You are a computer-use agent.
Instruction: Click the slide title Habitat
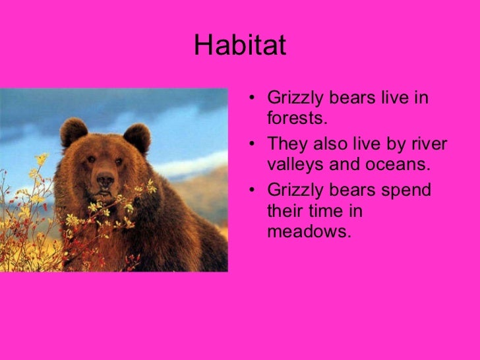click(240, 45)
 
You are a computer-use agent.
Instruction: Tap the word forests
click(297, 117)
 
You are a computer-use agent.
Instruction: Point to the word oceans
click(398, 165)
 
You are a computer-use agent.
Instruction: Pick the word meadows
click(309, 231)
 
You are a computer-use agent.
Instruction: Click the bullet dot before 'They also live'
click(252, 144)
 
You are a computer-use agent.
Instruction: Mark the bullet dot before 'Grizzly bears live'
click(252, 98)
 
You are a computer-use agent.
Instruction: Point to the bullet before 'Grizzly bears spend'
click(252, 190)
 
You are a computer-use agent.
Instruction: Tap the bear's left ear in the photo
click(73, 133)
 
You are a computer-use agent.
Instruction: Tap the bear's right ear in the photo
click(137, 138)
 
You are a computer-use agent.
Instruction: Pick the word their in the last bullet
click(285, 211)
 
